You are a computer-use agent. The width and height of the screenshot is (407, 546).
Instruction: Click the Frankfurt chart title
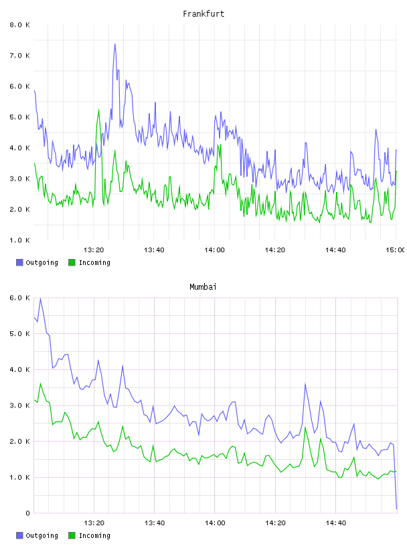click(x=203, y=14)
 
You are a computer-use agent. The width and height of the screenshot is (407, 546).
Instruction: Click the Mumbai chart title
click(x=203, y=287)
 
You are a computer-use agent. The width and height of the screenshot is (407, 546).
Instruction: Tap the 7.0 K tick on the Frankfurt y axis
click(x=19, y=56)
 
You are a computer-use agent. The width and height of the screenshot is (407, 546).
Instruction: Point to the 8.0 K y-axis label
click(x=19, y=25)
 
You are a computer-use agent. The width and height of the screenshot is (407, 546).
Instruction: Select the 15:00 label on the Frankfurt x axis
click(x=395, y=250)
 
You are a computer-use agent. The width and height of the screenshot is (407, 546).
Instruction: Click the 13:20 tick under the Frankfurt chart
click(x=94, y=250)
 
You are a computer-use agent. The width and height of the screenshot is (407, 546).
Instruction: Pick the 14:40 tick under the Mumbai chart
click(x=335, y=523)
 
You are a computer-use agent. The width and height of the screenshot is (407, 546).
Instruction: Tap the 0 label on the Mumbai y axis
click(x=27, y=513)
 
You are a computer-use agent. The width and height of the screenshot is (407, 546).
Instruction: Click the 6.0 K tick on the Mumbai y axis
click(x=19, y=298)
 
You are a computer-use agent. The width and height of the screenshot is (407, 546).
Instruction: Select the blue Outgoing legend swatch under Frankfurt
click(x=19, y=262)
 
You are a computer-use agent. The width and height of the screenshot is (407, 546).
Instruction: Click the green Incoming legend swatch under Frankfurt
click(x=72, y=262)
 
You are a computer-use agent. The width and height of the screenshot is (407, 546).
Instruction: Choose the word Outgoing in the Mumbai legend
click(x=42, y=535)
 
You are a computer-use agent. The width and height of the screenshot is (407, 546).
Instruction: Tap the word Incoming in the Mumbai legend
click(x=94, y=535)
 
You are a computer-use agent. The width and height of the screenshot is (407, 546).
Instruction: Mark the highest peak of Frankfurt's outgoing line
click(x=115, y=44)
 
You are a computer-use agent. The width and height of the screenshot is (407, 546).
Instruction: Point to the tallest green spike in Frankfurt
click(x=98, y=110)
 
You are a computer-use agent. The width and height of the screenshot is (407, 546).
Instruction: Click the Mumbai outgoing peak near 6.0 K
click(x=40, y=298)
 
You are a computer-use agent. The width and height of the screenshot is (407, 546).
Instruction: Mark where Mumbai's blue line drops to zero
click(x=396, y=509)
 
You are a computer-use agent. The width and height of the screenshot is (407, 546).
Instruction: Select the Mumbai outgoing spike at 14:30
click(x=305, y=384)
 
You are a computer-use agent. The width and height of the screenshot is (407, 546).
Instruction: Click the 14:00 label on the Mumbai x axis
click(x=215, y=523)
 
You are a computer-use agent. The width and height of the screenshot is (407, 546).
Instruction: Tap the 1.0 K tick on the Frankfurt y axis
click(x=19, y=240)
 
